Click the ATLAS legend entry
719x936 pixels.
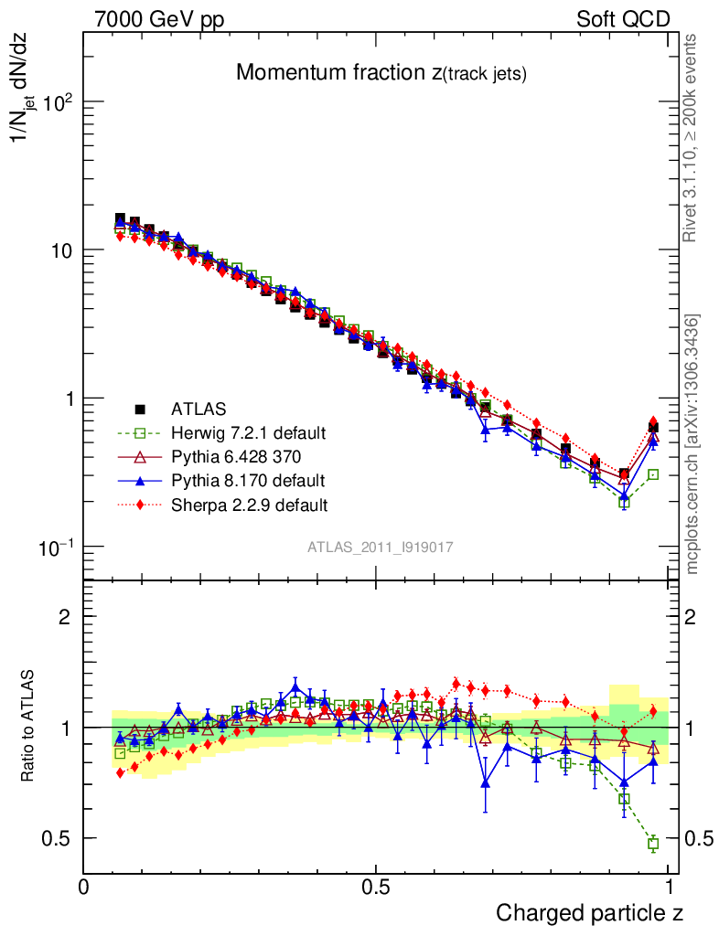(x=198, y=409)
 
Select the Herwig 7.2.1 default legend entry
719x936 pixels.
(x=249, y=432)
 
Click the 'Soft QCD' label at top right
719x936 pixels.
(x=623, y=19)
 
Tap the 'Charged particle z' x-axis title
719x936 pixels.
(x=590, y=912)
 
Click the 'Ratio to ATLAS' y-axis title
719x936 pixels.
(x=28, y=726)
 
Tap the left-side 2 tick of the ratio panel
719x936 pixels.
(x=65, y=616)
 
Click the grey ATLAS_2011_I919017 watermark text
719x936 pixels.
(x=380, y=547)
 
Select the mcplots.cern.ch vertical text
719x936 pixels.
(x=692, y=444)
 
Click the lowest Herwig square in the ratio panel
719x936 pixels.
(x=653, y=844)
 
